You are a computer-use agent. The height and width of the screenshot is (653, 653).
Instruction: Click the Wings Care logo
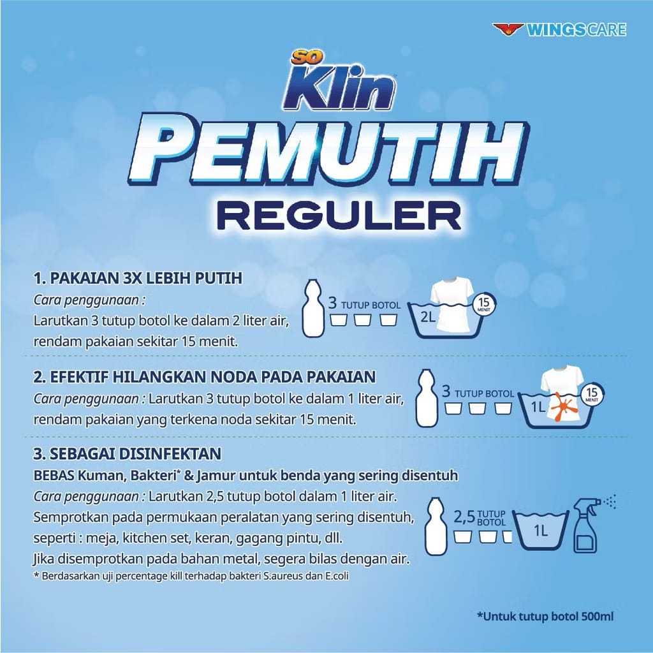coord(559,29)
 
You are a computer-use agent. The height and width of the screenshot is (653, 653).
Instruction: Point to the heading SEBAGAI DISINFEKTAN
coord(127,454)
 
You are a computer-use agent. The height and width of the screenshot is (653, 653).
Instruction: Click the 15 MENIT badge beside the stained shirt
coord(593,394)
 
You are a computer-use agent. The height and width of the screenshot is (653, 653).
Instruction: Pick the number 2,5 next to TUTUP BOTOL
coord(465,517)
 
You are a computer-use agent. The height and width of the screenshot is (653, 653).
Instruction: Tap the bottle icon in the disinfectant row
coord(436,528)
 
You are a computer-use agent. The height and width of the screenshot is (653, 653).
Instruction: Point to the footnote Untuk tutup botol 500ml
coord(545,616)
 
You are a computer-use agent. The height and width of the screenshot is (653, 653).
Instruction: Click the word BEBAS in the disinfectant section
coord(54,476)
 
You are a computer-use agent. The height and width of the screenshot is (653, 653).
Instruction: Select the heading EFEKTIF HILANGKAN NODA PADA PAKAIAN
coord(205,377)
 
